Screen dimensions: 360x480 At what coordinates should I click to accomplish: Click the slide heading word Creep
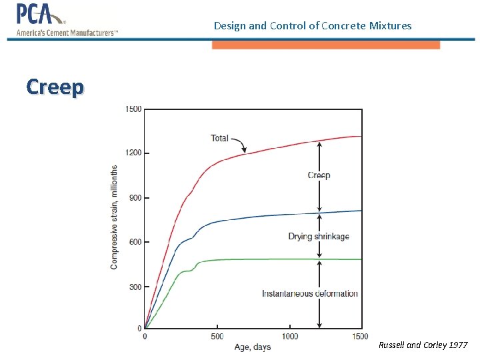(x=55, y=87)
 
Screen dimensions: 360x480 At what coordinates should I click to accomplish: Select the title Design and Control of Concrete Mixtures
(x=313, y=26)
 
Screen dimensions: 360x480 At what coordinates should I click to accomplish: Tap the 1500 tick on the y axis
(x=133, y=109)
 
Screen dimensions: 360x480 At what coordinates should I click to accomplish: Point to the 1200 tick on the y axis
(x=133, y=153)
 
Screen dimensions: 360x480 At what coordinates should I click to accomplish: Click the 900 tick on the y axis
(x=135, y=198)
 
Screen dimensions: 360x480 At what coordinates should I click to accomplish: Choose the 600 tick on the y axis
(x=135, y=242)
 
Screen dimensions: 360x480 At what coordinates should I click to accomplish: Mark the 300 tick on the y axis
(x=135, y=287)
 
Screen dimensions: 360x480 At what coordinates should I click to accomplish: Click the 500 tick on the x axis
(x=217, y=337)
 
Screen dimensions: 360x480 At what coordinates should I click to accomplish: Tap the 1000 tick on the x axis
(x=289, y=337)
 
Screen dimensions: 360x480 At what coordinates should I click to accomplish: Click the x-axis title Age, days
(x=253, y=347)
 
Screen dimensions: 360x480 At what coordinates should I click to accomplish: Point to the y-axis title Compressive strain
(x=114, y=217)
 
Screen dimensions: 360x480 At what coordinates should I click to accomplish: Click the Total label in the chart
(x=219, y=139)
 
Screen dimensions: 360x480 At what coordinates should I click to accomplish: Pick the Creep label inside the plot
(x=319, y=175)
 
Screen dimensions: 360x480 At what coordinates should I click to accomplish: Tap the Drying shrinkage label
(x=319, y=237)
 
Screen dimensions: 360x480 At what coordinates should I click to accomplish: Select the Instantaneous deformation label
(x=309, y=293)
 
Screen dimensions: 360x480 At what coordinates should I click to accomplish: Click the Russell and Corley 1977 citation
(x=423, y=345)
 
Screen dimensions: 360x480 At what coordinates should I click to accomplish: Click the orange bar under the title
(x=326, y=45)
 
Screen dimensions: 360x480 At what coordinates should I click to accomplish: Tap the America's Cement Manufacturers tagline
(x=67, y=33)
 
